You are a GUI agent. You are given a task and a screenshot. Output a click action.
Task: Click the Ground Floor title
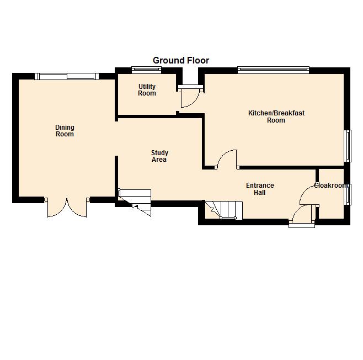[181, 61]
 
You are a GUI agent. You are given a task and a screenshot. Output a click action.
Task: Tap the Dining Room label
[65, 131]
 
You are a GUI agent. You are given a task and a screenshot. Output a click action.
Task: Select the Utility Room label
[147, 90]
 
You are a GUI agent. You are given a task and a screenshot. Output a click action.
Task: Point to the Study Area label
[159, 156]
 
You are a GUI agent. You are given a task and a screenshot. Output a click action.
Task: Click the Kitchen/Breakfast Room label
[276, 117]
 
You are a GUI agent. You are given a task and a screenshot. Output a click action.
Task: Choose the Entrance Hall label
[260, 189]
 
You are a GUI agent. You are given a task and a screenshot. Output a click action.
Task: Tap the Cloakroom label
[330, 186]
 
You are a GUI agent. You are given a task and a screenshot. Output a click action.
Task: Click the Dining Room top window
[67, 76]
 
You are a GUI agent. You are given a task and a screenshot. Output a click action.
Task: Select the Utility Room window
[146, 70]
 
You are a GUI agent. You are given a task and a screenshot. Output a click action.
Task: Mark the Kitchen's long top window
[273, 70]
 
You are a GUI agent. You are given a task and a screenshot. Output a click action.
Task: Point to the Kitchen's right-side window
[348, 146]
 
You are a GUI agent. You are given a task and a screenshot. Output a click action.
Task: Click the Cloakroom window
[348, 194]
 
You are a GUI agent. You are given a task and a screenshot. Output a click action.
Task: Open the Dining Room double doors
[67, 207]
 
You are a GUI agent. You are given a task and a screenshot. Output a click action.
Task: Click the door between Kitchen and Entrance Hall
[227, 159]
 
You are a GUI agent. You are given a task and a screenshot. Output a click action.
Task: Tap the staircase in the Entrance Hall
[224, 210]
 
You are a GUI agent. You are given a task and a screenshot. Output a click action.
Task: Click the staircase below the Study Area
[135, 202]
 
